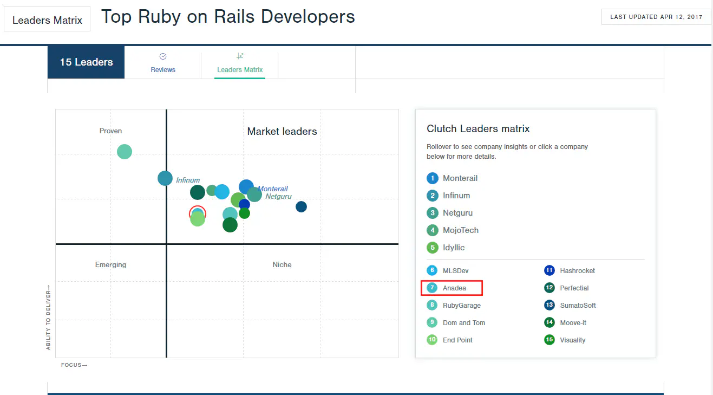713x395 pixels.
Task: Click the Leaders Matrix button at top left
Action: [47, 20]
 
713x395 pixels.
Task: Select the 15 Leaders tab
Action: [86, 62]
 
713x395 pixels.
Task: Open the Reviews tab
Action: [163, 63]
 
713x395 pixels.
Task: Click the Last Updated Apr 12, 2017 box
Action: [656, 17]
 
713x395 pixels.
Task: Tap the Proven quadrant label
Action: [110, 131]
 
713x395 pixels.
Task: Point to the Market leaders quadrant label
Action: [282, 131]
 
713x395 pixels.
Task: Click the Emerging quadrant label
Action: [110, 265]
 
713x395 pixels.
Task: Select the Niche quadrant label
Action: [282, 265]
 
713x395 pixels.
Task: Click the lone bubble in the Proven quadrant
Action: [125, 152]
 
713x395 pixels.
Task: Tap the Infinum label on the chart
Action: [188, 180]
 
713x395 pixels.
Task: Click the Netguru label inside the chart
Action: [278, 197]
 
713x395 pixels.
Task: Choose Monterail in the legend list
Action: [460, 178]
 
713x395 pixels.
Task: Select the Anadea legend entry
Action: [454, 288]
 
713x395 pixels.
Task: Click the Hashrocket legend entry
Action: [577, 271]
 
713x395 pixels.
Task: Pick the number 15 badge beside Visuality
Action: [550, 340]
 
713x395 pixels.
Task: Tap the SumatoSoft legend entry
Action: [578, 306]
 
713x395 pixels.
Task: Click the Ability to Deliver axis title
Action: [48, 318]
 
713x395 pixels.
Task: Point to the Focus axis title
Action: [74, 365]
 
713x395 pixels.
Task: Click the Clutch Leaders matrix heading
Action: [478, 129]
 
